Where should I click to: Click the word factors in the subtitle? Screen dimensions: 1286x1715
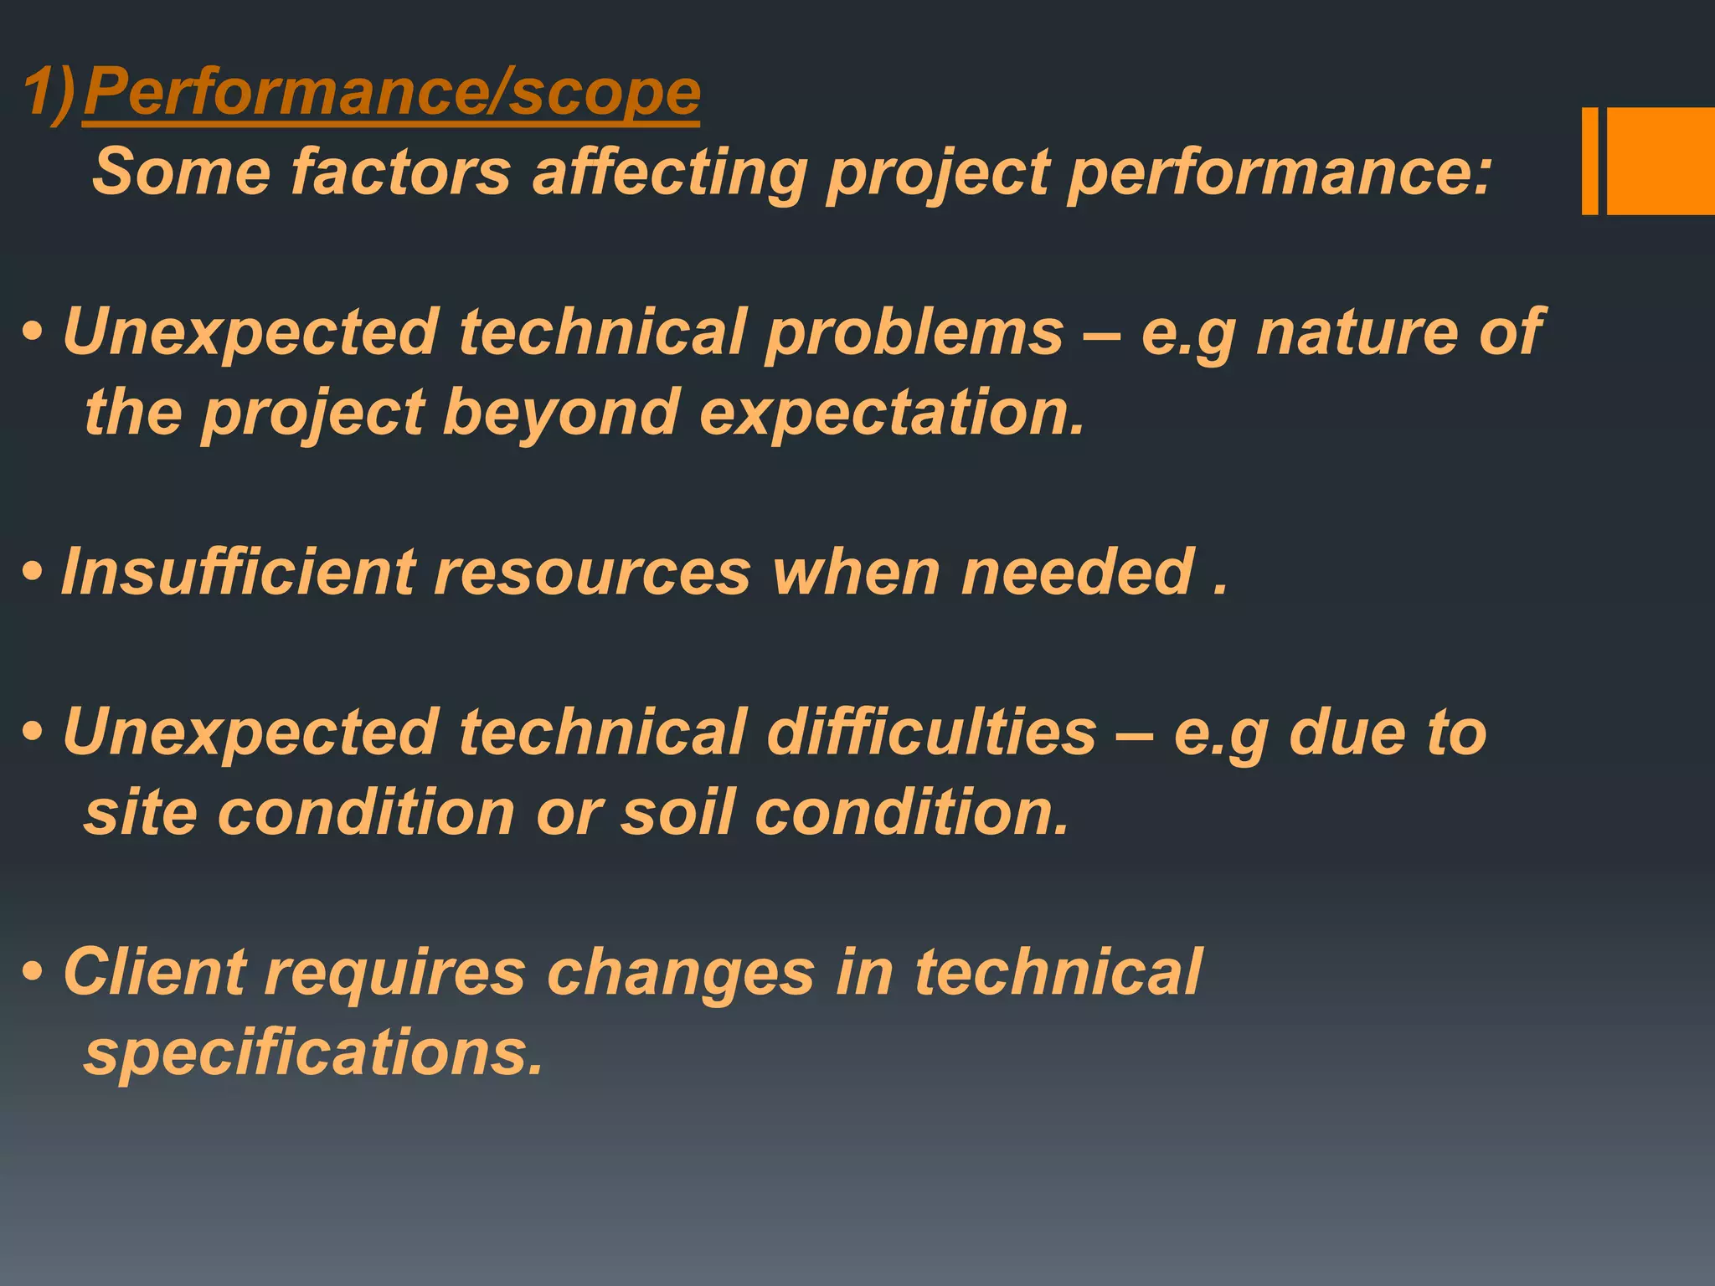coord(400,172)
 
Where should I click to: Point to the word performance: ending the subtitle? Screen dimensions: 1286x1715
coord(1280,172)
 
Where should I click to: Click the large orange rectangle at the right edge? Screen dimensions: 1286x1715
coord(1661,161)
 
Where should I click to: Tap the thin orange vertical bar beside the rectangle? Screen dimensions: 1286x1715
coord(1589,161)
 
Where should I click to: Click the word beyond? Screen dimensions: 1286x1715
coord(560,412)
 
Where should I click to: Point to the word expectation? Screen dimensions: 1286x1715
coord(891,412)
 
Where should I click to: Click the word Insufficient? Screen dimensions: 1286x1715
coord(238,573)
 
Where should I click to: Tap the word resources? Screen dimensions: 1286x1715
coord(592,573)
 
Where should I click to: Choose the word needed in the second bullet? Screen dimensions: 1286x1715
coord(1077,573)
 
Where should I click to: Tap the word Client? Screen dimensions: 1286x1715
coord(154,972)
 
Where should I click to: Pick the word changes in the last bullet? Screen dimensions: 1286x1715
coord(681,972)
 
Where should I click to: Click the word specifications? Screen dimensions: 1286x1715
coord(314,1052)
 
